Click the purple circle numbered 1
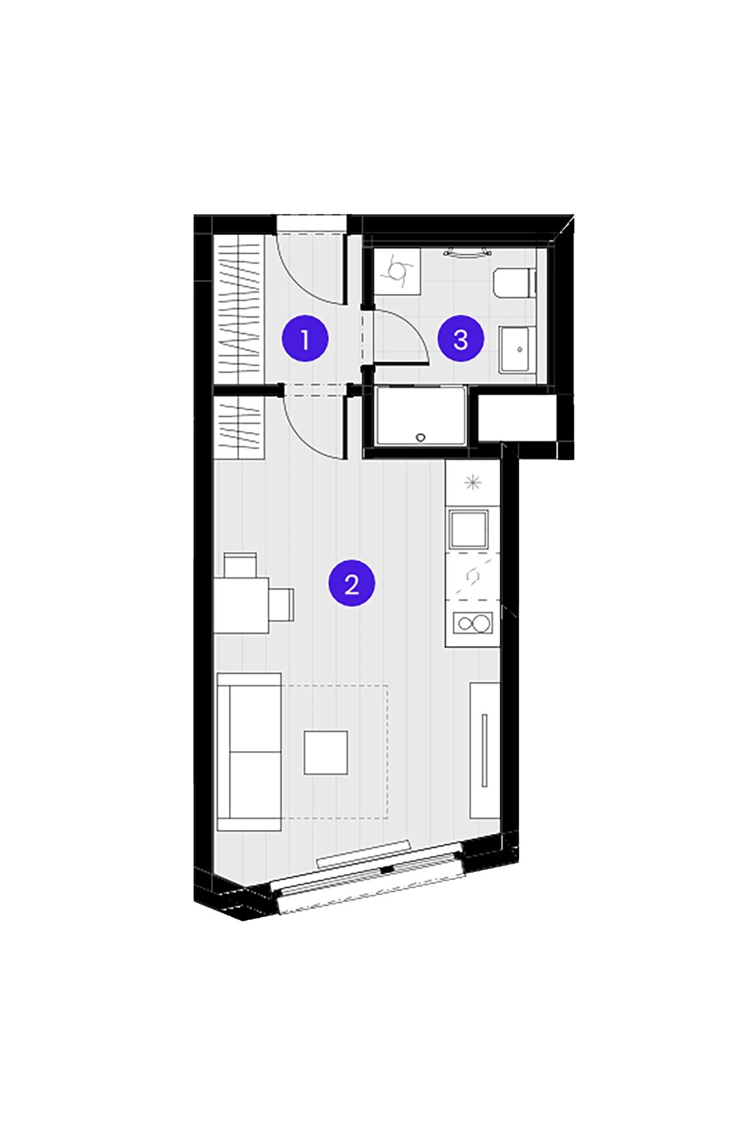point(305,338)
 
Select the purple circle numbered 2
point(351,583)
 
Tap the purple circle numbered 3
point(460,338)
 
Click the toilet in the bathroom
point(514,282)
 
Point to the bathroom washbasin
point(518,350)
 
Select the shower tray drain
point(420,437)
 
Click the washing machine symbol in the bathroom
point(397,272)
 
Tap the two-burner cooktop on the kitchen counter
point(473,623)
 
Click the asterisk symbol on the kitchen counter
point(473,482)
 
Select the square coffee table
point(326,753)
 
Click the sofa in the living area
point(249,751)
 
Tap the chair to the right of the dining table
point(282,605)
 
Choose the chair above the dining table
point(240,565)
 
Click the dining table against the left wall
point(241,605)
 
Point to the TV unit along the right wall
point(484,750)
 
